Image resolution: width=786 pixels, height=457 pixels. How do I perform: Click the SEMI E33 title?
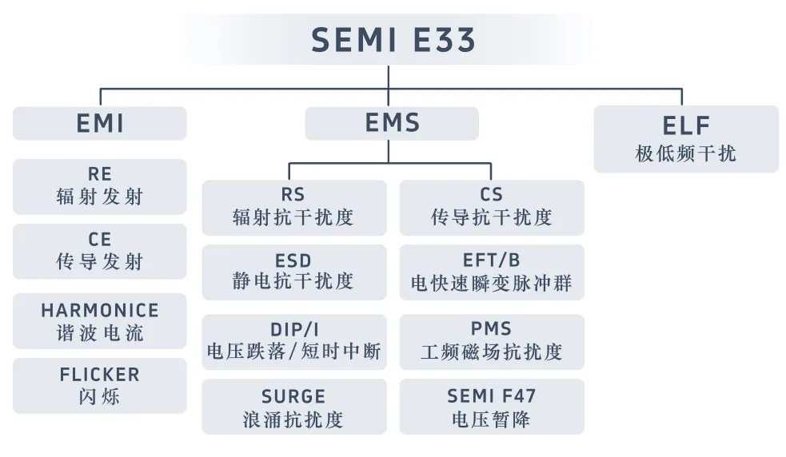click(393, 39)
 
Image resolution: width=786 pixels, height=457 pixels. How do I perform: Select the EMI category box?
click(100, 124)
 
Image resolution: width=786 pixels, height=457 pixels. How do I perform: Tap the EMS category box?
click(392, 123)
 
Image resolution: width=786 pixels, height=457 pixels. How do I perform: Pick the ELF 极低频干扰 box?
click(686, 139)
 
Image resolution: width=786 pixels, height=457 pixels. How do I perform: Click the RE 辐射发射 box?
click(100, 186)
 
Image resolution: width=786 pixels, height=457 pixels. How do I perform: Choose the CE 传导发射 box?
click(100, 251)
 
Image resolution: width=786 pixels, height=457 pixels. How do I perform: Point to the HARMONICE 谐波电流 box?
click(100, 321)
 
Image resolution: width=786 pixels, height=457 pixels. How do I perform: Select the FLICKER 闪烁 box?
click(100, 385)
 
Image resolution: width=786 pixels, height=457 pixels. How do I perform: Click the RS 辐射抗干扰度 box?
click(293, 207)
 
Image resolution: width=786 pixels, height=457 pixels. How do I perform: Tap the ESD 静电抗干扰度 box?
click(293, 272)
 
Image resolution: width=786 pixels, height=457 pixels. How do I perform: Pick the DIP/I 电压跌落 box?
click(293, 341)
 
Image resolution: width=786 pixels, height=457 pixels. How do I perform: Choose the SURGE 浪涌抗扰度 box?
click(293, 407)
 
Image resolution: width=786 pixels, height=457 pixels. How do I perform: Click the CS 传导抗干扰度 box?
click(492, 207)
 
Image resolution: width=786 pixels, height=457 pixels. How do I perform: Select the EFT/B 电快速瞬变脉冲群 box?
click(492, 272)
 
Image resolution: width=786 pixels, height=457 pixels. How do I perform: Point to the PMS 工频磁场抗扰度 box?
click(492, 341)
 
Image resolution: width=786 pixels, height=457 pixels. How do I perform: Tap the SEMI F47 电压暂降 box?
click(492, 407)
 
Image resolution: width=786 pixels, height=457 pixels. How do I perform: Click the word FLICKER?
click(100, 375)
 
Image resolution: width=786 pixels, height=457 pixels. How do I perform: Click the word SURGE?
click(293, 396)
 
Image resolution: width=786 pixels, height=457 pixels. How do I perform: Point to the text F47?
click(517, 396)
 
